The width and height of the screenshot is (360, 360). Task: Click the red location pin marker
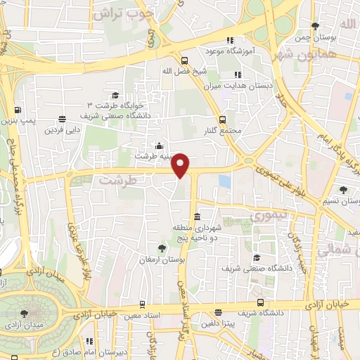click(181, 165)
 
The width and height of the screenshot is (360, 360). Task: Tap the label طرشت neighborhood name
click(115, 180)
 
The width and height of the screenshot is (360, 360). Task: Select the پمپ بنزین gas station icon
click(17, 110)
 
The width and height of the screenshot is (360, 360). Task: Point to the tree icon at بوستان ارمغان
click(162, 247)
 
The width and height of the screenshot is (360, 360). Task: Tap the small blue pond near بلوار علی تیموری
click(224, 181)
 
